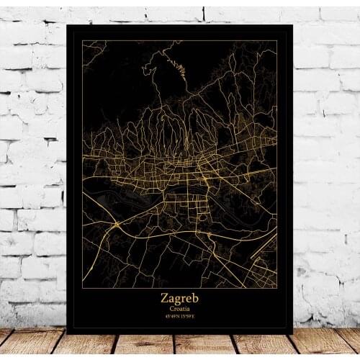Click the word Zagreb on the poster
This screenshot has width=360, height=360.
click(179, 297)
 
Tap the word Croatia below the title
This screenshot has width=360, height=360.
click(179, 307)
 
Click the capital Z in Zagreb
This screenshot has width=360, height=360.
click(165, 297)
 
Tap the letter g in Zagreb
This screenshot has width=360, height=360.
click(179, 299)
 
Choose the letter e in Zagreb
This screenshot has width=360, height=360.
click(189, 298)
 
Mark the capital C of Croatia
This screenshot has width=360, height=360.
click(171, 307)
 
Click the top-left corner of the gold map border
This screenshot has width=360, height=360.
click(83, 41)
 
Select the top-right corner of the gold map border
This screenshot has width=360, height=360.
click(277, 41)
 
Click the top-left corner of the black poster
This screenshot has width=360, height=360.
click(66, 24)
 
